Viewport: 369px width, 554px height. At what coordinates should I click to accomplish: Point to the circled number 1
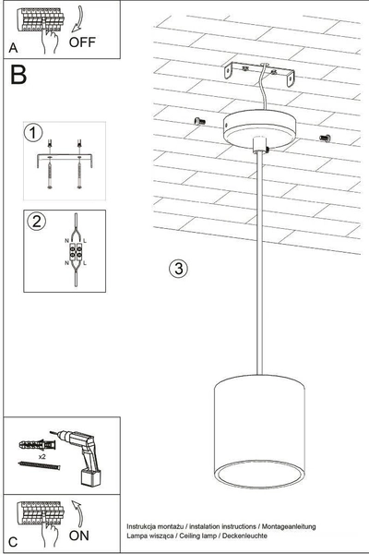click(x=33, y=134)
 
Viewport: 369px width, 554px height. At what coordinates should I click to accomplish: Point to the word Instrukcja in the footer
click(x=145, y=524)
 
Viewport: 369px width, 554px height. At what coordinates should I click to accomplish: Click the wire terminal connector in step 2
click(x=76, y=249)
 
